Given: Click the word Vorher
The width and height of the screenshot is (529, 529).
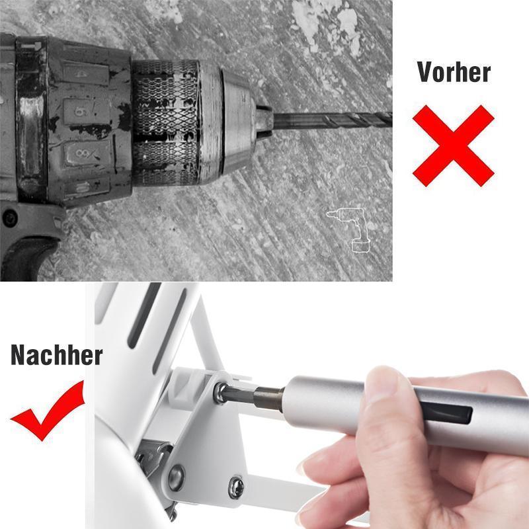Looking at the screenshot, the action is pos(454,72).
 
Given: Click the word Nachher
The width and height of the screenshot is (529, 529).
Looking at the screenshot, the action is pos(57,355).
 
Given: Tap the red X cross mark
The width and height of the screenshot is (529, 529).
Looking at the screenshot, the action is pos(454,145).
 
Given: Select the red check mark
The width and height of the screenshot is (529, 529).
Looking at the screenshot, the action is pos(48,411).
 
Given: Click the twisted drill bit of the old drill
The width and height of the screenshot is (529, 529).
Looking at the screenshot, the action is pos(333,120).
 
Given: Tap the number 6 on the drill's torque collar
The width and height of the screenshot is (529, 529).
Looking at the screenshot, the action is pos(79,110).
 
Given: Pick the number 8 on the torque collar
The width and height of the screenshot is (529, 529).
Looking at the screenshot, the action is pos(83,153).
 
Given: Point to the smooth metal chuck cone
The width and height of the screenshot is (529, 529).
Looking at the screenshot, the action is pos(238,122).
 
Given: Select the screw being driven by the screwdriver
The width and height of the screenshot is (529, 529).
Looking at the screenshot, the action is pos(220,392).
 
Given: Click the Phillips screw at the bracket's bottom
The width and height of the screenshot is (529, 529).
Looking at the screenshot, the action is pos(235,487).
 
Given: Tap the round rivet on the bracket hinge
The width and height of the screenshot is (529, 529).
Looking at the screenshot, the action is pos(177,477).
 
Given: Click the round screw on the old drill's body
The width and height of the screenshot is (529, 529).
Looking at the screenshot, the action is pos(9,218).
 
